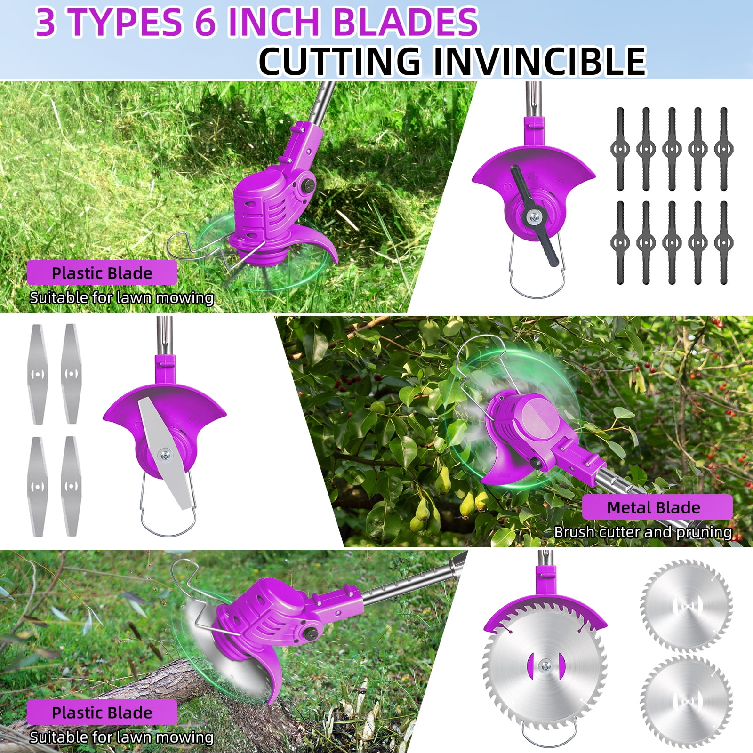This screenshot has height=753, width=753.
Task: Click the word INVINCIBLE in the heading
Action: point(539,61)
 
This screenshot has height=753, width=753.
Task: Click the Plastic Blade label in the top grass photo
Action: point(102,273)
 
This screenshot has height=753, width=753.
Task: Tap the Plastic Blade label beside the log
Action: point(102,713)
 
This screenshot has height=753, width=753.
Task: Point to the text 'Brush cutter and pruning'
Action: point(643,532)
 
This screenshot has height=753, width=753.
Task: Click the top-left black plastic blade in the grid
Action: point(620,149)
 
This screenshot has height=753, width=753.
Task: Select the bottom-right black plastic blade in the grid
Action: point(724,243)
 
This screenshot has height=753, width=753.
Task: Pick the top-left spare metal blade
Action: point(39,374)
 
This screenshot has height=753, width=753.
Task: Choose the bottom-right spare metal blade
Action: point(71,487)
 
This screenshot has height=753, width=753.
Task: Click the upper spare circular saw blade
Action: point(687,605)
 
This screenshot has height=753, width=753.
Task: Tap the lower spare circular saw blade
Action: point(687,701)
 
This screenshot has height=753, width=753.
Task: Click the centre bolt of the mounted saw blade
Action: point(545,665)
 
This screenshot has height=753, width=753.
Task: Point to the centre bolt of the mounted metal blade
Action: point(165,454)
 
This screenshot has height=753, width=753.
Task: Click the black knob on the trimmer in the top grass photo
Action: point(309,183)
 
